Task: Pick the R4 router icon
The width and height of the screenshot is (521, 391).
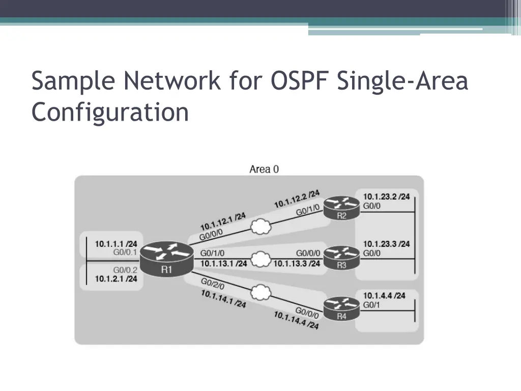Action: tap(341, 308)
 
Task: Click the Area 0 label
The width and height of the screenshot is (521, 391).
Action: tap(264, 169)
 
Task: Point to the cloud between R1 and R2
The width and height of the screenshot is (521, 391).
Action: tap(261, 227)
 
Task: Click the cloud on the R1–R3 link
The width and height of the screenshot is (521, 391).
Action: tap(261, 259)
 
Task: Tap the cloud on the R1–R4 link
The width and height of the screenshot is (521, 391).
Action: tap(261, 292)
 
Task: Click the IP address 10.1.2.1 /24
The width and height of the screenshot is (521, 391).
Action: tap(116, 279)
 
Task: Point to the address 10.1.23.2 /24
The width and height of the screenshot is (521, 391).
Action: tap(386, 197)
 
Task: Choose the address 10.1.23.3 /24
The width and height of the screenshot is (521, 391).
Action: tap(386, 244)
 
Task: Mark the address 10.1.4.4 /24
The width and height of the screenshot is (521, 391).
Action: tap(384, 295)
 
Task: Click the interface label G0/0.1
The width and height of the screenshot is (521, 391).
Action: tap(125, 252)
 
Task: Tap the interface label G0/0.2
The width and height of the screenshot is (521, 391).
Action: tap(125, 270)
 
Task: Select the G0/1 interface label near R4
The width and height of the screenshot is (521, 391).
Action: tap(371, 305)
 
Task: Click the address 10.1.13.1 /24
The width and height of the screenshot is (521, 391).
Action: tap(223, 263)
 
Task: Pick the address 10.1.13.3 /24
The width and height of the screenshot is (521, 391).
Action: tap(297, 263)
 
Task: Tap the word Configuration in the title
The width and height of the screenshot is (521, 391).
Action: tap(110, 112)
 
